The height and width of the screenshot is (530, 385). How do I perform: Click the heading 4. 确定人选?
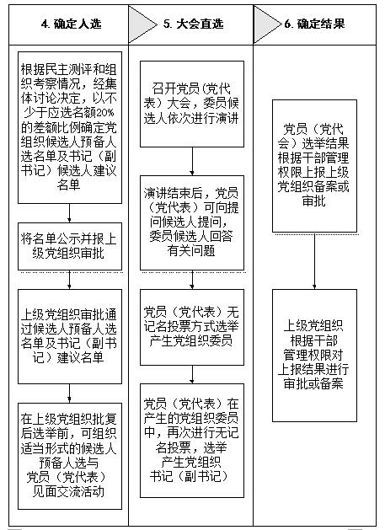pyautogui.click(x=71, y=24)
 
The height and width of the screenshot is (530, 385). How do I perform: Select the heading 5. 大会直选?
pyautogui.click(x=194, y=24)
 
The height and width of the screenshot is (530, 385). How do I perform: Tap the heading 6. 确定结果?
pyautogui.click(x=314, y=24)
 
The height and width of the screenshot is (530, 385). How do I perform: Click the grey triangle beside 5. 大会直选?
pyautogui.click(x=141, y=24)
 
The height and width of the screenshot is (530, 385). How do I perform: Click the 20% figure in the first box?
pyautogui.click(x=105, y=113)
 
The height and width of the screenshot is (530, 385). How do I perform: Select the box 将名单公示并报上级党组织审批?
pyautogui.click(x=70, y=246)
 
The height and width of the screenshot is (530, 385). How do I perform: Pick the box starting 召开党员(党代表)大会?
pyautogui.click(x=192, y=104)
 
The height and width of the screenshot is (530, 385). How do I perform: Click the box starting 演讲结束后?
pyautogui.click(x=192, y=222)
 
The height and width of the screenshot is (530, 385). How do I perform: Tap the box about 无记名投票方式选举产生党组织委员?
pyautogui.click(x=192, y=327)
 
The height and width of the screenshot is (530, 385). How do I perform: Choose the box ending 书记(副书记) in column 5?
pyautogui.click(x=192, y=441)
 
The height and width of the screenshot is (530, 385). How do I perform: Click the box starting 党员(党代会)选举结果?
pyautogui.click(x=315, y=166)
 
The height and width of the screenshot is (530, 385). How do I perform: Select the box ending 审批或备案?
pyautogui.click(x=315, y=356)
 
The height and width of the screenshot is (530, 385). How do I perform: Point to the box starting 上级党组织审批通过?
pyautogui.click(x=70, y=337)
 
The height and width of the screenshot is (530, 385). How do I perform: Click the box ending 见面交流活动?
pyautogui.click(x=70, y=457)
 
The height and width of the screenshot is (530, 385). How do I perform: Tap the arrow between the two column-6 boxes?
pyautogui.click(x=315, y=261)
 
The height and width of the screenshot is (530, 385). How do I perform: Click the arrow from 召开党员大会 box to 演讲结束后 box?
pyautogui.click(x=192, y=161)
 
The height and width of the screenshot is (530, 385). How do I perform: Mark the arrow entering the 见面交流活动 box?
pyautogui.click(x=70, y=393)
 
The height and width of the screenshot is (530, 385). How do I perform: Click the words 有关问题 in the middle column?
pyautogui.click(x=191, y=251)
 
